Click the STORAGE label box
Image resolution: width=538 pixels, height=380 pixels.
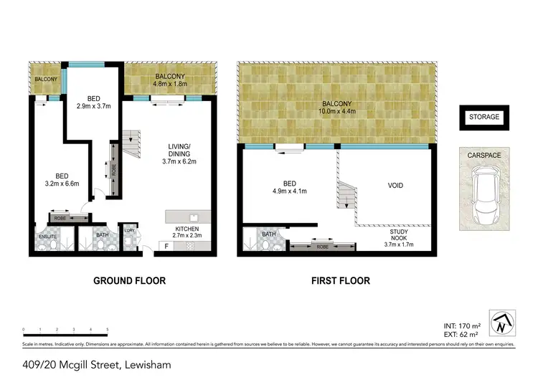pos(484,117)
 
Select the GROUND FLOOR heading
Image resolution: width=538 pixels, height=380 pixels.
pos(129,281)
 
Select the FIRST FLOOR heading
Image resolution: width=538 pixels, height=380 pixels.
pos(340,281)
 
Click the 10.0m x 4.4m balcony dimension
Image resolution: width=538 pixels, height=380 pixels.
pos(337,111)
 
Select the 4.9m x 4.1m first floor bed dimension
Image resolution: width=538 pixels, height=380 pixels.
pos(289,191)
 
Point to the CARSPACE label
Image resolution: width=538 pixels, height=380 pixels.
pos(484,153)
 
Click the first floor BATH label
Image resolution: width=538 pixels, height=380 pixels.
pos(268,234)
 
